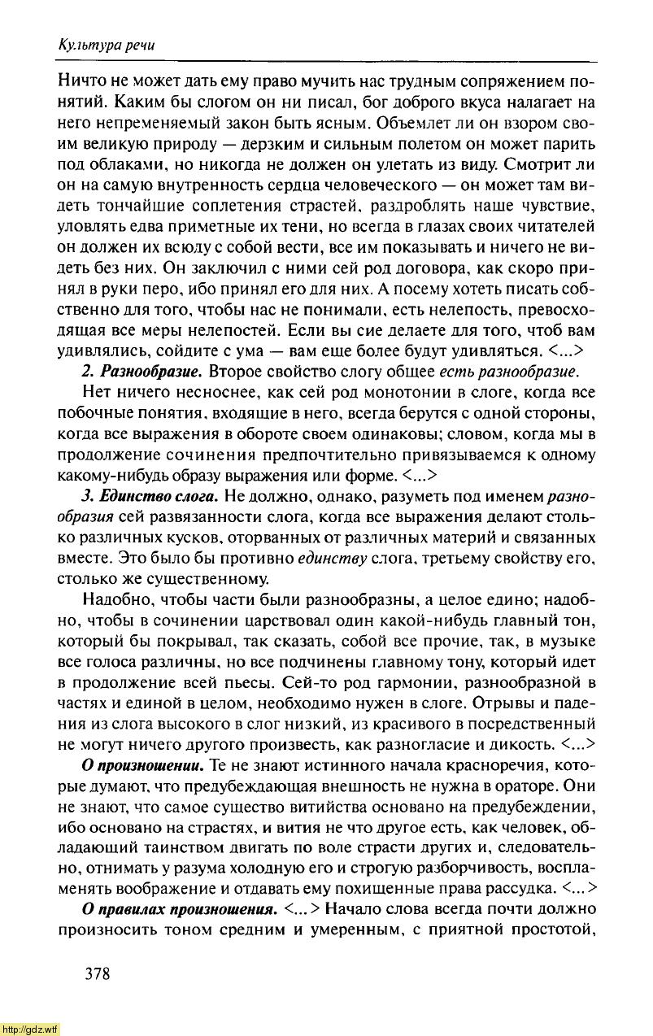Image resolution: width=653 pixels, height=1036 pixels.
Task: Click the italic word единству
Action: tap(332, 559)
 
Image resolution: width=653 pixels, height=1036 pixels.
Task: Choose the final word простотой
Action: tap(556, 929)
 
